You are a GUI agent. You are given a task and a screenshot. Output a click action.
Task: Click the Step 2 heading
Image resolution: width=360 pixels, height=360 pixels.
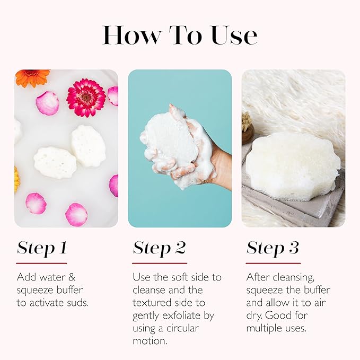pyautogui.click(x=159, y=248)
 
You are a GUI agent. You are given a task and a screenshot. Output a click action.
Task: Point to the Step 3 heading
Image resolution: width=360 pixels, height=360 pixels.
pyautogui.click(x=273, y=248)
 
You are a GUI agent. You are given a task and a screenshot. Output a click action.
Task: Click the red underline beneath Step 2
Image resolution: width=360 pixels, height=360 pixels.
pyautogui.click(x=160, y=263)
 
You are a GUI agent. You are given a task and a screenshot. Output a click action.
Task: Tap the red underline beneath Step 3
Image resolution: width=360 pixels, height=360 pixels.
pyautogui.click(x=273, y=263)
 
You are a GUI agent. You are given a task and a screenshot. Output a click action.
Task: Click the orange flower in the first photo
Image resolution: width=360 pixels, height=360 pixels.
pyautogui.click(x=32, y=77)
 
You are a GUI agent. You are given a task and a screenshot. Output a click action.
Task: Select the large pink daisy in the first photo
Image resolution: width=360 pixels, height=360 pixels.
pyautogui.click(x=86, y=98)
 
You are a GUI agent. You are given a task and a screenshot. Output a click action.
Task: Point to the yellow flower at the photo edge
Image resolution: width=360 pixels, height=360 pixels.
pyautogui.click(x=16, y=179)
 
